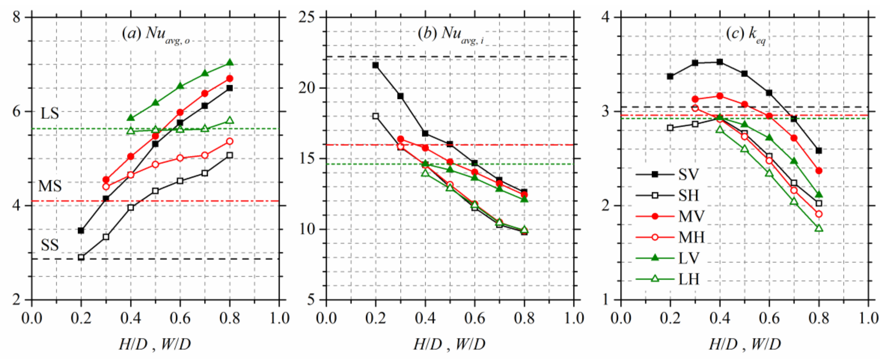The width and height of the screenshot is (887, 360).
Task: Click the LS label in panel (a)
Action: (x=50, y=113)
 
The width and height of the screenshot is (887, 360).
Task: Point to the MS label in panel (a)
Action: (x=50, y=186)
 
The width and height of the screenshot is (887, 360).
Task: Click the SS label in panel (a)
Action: (x=50, y=245)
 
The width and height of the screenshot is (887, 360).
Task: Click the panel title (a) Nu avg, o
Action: (x=155, y=34)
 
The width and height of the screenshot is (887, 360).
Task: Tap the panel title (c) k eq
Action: (x=746, y=34)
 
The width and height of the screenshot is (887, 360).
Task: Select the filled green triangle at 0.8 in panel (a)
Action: (x=230, y=63)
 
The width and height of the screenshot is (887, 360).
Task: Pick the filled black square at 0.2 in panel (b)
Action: (x=376, y=65)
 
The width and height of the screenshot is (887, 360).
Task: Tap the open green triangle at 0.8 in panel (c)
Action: (x=819, y=228)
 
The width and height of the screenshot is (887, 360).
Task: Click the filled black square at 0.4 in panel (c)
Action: (x=720, y=62)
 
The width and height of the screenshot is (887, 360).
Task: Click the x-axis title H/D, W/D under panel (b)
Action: (x=449, y=344)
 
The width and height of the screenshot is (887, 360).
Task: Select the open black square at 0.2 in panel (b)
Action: (x=376, y=116)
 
